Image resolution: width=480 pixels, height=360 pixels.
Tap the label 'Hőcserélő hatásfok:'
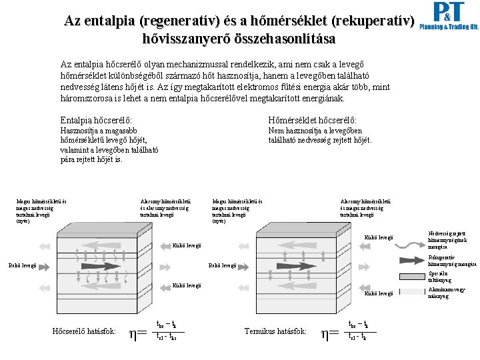tap(85, 331)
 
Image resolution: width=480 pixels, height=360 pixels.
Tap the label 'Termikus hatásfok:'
tap(275, 331)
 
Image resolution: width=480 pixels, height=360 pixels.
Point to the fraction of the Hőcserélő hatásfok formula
tap(167, 331)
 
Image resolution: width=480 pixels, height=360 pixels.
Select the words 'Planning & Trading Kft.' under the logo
tap(449, 28)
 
